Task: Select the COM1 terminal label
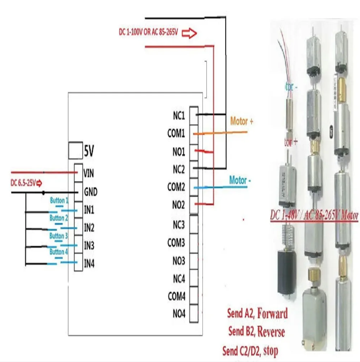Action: click(x=176, y=133)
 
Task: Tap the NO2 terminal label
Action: click(x=179, y=204)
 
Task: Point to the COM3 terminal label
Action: click(x=176, y=243)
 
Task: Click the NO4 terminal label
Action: click(x=179, y=313)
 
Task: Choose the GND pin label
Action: click(x=90, y=191)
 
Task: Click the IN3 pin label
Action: click(x=89, y=245)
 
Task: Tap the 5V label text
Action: click(x=89, y=151)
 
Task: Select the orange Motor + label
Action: click(x=242, y=121)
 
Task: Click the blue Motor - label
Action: click(x=241, y=180)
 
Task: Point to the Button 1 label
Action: click(x=59, y=200)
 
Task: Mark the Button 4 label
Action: click(x=58, y=251)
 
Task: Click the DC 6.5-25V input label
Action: click(x=23, y=183)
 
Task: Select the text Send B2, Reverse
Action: click(x=257, y=331)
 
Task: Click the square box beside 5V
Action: click(x=75, y=150)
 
